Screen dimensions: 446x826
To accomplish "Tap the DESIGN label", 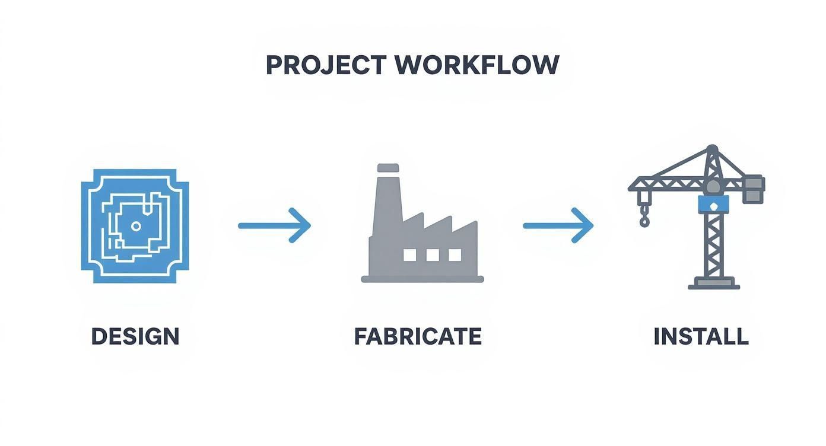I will coord(135,336).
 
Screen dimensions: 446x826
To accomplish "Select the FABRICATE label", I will coord(418,336).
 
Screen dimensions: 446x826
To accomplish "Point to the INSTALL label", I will coord(701,336).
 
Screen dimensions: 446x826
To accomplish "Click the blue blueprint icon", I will coord(135,225).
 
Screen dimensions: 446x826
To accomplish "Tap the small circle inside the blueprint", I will coord(136,225).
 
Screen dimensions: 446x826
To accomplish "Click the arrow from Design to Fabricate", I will coord(274,225).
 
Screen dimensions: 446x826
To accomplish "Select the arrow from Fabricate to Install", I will coord(558,225).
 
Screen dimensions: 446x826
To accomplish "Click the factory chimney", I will coord(387,202).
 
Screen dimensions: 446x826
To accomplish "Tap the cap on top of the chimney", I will coord(387,168).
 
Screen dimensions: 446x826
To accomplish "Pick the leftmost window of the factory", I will coord(410,255).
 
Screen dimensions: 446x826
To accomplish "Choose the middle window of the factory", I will coord(433,255).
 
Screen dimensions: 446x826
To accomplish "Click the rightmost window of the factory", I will coord(455,255).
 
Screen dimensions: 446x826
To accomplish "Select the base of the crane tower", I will coord(714,285).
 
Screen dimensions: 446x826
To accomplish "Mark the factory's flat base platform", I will coord(422,279).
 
